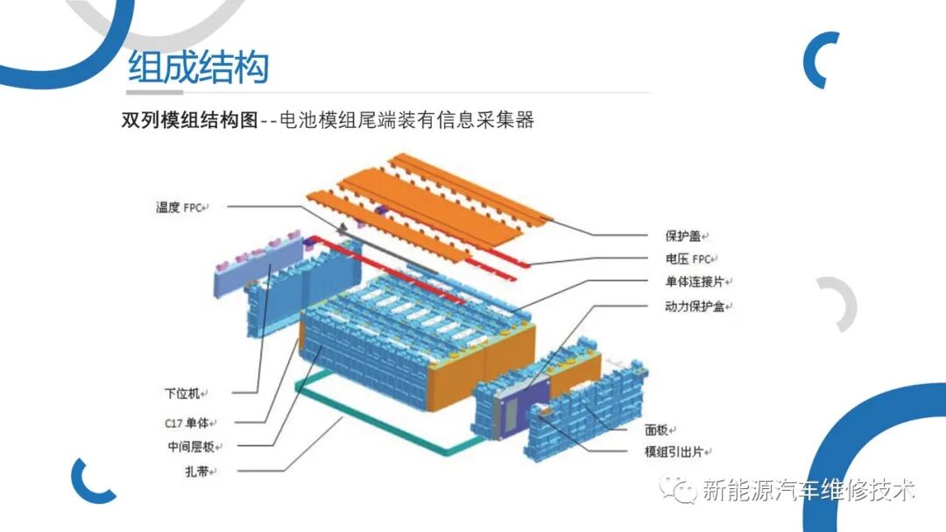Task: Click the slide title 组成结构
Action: pyautogui.click(x=198, y=67)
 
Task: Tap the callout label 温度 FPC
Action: pyautogui.click(x=179, y=208)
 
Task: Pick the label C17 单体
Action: pyautogui.click(x=187, y=422)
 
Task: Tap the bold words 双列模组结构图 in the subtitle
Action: pyautogui.click(x=189, y=120)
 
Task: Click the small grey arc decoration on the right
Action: pyautogui.click(x=839, y=303)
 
